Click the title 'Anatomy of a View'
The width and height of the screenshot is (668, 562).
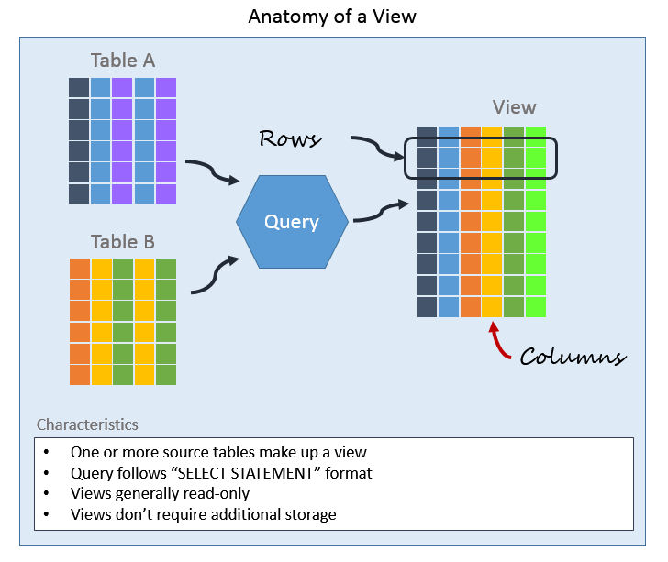(333, 17)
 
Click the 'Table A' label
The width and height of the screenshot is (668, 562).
(122, 61)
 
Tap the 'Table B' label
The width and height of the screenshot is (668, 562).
(122, 242)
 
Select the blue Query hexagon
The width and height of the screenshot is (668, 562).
(292, 222)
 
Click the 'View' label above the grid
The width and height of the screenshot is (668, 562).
(514, 107)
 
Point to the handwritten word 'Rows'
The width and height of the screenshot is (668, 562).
(290, 138)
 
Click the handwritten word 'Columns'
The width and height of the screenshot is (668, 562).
(573, 357)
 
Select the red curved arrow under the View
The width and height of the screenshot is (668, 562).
(497, 341)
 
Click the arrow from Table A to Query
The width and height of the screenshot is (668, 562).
(212, 171)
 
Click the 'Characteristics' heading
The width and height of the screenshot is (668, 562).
(87, 424)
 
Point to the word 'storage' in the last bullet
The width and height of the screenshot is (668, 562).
(308, 514)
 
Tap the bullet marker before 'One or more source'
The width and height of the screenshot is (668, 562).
(47, 453)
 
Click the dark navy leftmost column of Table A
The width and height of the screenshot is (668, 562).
(79, 140)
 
